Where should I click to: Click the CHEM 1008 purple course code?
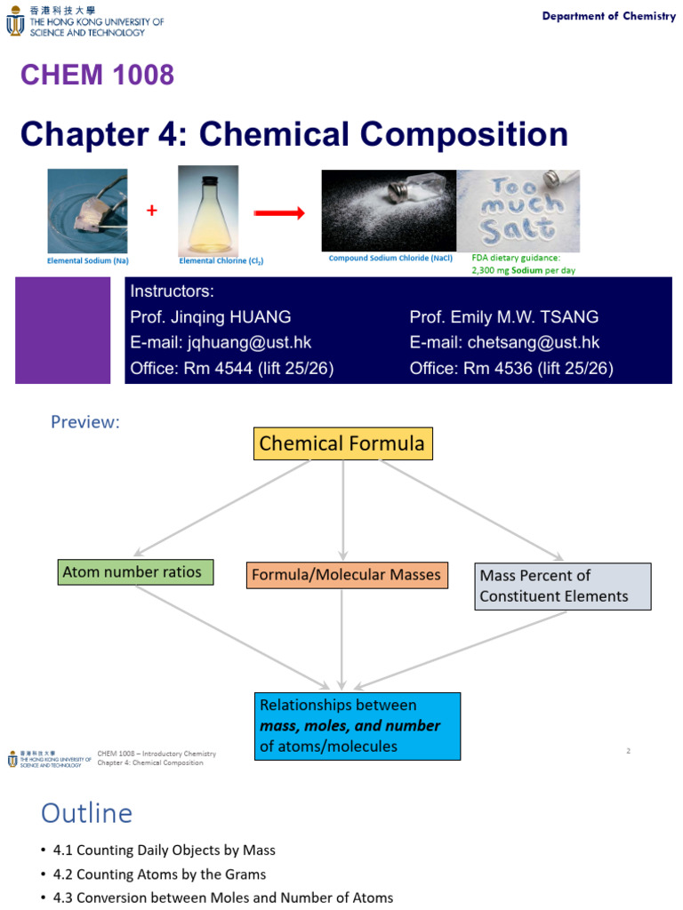97,76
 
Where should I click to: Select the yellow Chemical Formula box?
342,443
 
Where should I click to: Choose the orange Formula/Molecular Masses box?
346,575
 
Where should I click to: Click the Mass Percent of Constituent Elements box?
562,586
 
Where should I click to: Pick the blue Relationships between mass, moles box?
357,726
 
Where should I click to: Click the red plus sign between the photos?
152,211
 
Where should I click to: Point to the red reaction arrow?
279,212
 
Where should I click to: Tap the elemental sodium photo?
87,211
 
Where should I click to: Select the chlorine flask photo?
208,210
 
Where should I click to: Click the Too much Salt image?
518,211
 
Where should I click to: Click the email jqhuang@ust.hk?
221,343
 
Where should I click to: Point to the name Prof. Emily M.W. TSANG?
503,317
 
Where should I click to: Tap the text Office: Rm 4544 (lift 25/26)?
231,368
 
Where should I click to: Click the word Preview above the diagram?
85,422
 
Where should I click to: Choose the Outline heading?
86,813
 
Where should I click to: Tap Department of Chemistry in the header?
608,17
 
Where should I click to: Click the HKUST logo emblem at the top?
15,23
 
